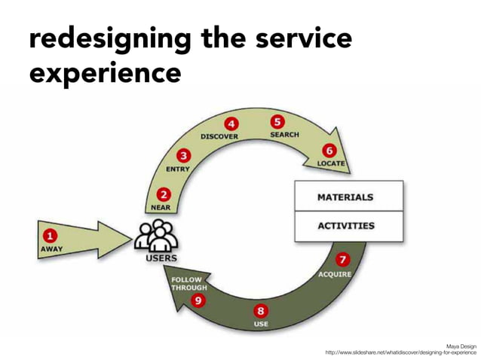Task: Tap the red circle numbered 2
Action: [x=161, y=194]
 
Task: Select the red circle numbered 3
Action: [x=182, y=155]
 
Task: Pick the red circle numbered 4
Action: [x=231, y=124]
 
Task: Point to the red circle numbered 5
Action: [x=277, y=121]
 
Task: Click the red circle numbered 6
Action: [x=329, y=151]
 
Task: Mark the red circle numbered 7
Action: [x=342, y=260]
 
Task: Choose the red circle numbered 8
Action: [x=261, y=310]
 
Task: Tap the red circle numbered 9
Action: [x=198, y=301]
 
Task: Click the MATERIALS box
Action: [x=348, y=197]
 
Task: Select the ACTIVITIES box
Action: [x=348, y=226]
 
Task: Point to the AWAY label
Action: [x=51, y=249]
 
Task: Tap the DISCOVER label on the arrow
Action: [x=219, y=137]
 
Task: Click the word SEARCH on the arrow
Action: [x=284, y=135]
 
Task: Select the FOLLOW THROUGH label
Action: [x=188, y=283]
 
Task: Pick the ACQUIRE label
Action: [x=335, y=274]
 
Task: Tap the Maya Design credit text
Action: [x=461, y=345]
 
